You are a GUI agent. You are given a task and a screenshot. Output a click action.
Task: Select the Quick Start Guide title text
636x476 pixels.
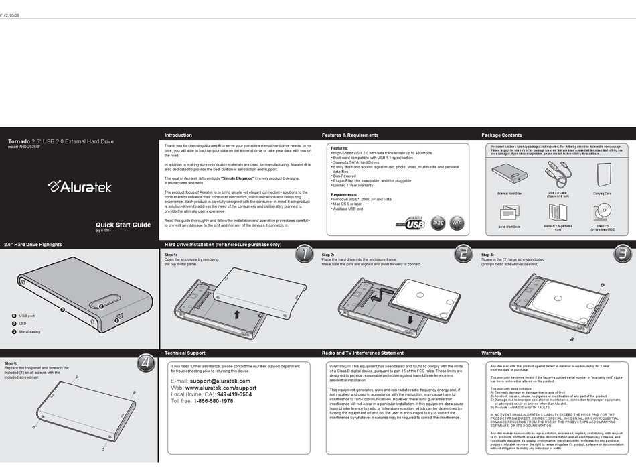(123, 225)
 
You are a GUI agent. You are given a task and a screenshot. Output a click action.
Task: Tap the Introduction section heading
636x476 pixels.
(178, 135)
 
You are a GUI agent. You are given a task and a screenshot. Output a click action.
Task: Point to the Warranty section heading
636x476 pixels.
(491, 353)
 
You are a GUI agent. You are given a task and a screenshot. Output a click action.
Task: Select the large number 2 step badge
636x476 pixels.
(463, 253)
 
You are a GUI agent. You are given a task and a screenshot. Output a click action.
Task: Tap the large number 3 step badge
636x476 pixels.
(621, 253)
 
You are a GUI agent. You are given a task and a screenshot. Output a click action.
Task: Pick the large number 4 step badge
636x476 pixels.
(145, 363)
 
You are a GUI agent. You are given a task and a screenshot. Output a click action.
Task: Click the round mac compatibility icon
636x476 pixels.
(437, 222)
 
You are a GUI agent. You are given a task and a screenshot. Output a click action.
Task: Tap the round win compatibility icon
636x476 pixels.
(456, 222)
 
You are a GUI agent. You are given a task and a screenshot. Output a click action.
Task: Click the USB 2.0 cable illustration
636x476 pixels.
(557, 175)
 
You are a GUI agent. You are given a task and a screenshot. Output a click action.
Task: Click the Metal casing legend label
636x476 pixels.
(29, 332)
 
